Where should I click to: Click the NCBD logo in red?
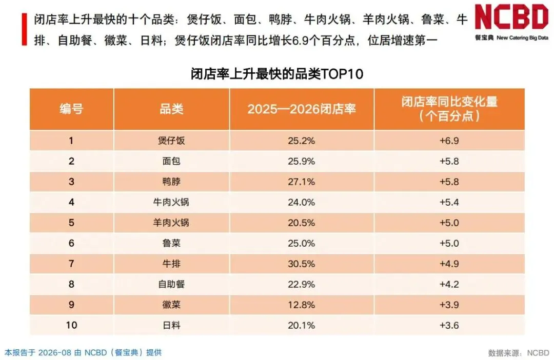511,16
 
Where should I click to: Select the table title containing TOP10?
277,74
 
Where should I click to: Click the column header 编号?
71,109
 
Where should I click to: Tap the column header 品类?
171,109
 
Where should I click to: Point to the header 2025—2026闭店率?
302,109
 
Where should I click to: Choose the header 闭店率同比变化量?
449,102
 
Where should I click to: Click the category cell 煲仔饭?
171,141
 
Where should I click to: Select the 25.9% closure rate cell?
302,161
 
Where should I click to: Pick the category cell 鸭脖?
171,182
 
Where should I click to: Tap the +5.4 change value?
449,202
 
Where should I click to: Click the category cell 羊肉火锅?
171,223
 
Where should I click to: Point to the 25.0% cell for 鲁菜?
302,243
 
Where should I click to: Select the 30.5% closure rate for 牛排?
302,264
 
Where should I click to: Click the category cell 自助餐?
171,284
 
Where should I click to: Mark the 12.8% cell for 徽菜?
302,305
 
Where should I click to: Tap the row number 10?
71,325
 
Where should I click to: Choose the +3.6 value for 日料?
449,325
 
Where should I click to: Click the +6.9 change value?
449,141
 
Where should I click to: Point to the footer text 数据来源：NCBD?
519,353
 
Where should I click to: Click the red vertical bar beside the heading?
25,29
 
